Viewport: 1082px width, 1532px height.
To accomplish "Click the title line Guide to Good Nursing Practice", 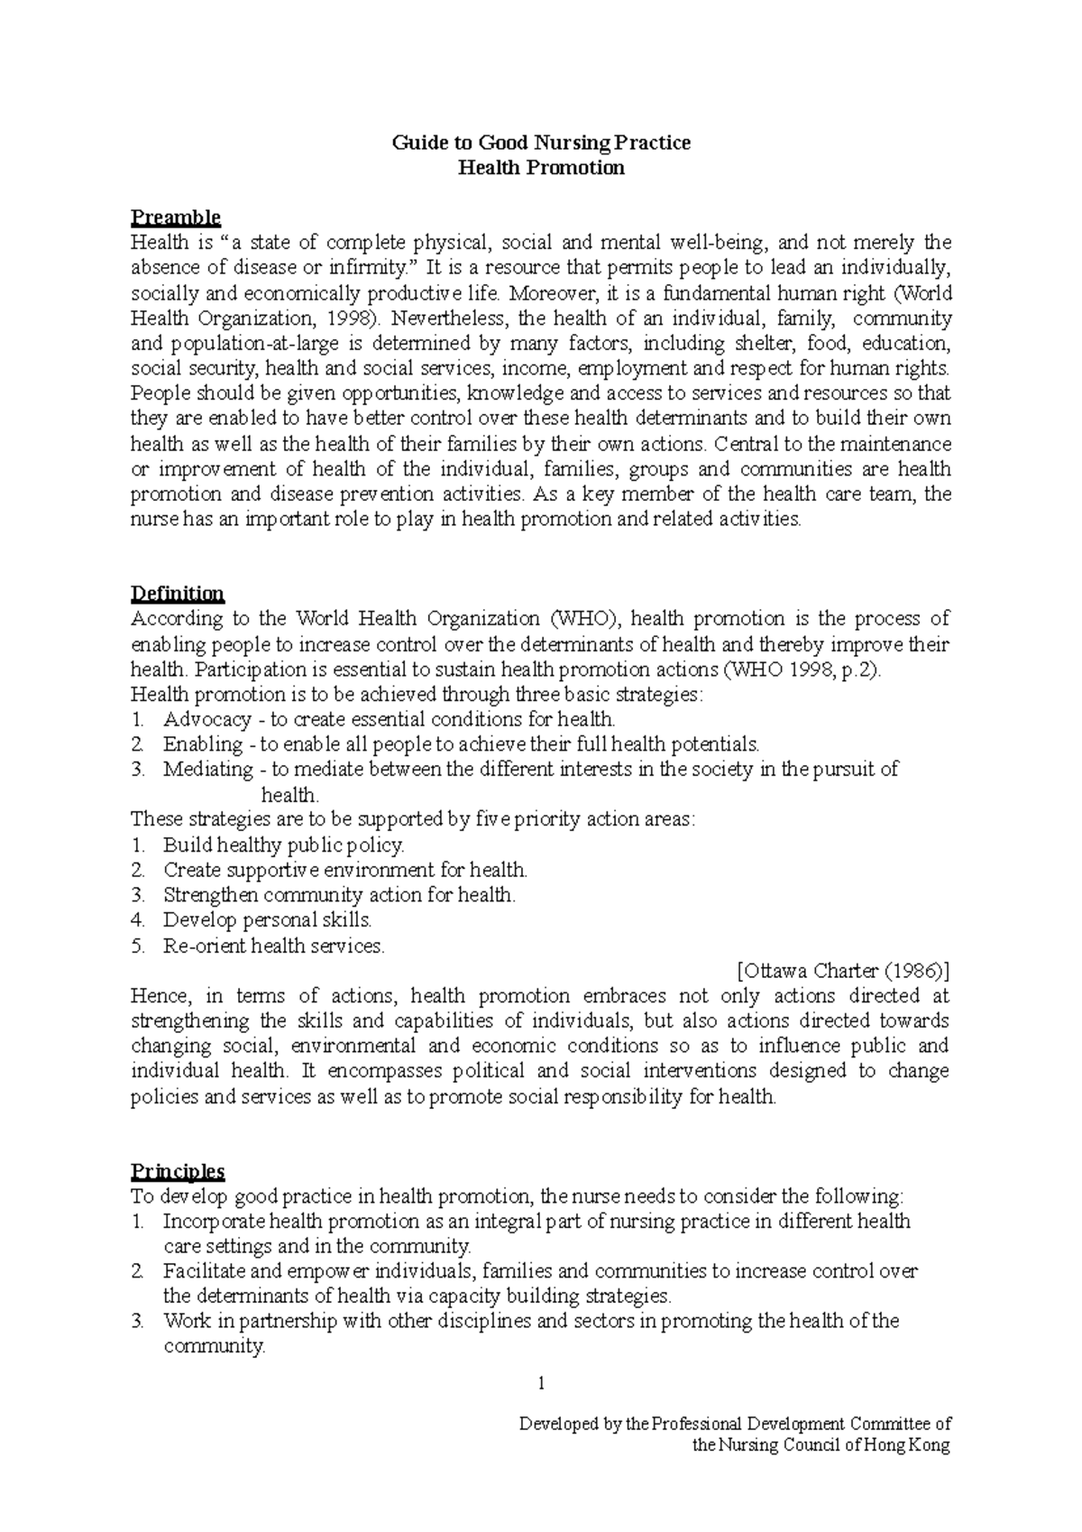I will coord(541,143).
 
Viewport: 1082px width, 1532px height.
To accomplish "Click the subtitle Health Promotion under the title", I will coord(541,168).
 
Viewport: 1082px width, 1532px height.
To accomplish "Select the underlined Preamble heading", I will coord(176,217).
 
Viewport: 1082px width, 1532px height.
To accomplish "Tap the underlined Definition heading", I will coord(178,594).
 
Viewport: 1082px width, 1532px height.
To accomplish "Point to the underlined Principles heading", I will coord(178,1171).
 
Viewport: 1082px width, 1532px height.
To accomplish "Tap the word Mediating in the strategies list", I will coord(208,770).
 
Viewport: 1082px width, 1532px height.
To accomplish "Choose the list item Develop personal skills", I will coord(268,920).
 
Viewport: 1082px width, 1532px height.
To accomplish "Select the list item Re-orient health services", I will coord(274,946).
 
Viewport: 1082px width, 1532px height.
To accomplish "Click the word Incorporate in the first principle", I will coord(214,1222).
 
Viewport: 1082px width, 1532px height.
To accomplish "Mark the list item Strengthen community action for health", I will coord(340,895).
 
